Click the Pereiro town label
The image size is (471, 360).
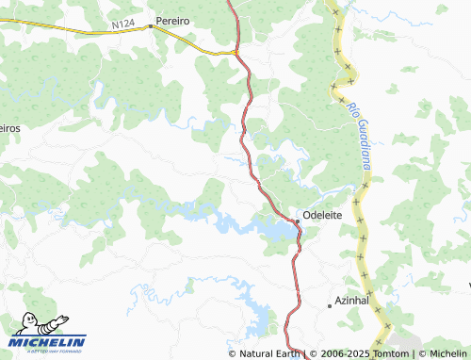click(x=173, y=19)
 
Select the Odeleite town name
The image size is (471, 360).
click(x=322, y=214)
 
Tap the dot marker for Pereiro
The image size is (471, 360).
click(x=150, y=26)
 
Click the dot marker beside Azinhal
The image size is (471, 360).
click(x=329, y=305)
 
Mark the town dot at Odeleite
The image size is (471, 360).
click(x=297, y=221)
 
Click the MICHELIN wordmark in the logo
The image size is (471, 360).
click(x=48, y=341)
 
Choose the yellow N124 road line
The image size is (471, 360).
click(x=75, y=29)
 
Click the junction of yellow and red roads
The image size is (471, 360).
click(x=236, y=52)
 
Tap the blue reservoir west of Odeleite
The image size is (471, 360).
click(x=274, y=229)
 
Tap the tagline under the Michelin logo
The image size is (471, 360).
click(x=48, y=351)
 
